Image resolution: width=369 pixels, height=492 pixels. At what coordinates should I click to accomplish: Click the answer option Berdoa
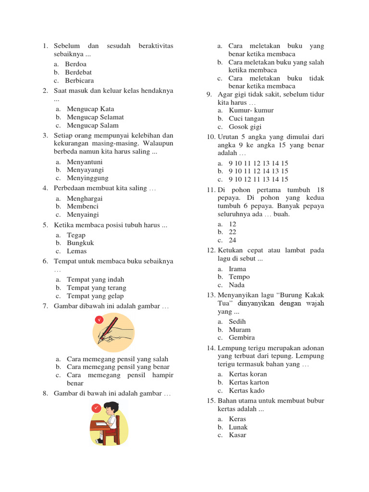[x=76, y=64]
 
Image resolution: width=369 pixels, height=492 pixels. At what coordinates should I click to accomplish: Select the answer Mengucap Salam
[x=92, y=125]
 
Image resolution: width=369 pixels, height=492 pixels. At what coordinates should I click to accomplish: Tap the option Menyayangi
[x=85, y=170]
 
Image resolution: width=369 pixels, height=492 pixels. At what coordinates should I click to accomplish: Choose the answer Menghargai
[x=85, y=198]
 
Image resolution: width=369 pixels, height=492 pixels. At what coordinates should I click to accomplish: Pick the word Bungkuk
[x=80, y=243]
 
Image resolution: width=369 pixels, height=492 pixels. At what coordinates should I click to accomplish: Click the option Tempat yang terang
[x=96, y=288]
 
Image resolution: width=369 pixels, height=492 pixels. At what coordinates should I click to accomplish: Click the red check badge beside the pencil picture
[x=99, y=320]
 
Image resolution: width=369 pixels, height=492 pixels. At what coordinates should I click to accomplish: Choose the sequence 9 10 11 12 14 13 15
[x=258, y=171]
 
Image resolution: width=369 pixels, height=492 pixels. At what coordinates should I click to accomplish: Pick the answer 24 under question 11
[x=233, y=240]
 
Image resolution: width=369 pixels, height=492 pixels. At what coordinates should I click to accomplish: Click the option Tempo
[x=239, y=277]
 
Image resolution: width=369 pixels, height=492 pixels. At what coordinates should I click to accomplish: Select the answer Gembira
[x=242, y=338]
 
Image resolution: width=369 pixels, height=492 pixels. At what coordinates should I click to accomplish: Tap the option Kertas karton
[x=249, y=382]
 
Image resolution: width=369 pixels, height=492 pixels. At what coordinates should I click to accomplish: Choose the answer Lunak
[x=238, y=427]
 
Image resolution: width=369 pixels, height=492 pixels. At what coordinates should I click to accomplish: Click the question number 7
[x=45, y=306]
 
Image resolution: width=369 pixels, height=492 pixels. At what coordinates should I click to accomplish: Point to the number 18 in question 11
[x=320, y=190]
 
